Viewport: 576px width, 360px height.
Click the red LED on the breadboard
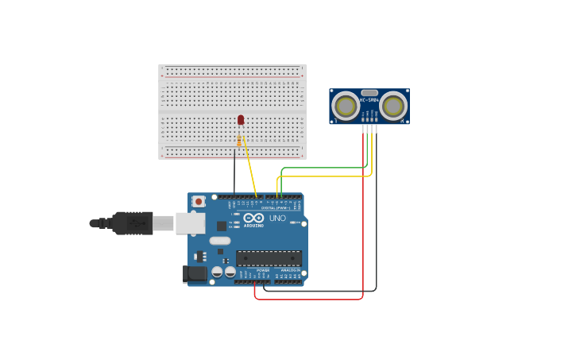click(241, 120)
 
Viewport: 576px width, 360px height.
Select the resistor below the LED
click(239, 141)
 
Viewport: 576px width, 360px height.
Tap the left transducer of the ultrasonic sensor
click(346, 105)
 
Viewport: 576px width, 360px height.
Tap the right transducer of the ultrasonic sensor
click(392, 105)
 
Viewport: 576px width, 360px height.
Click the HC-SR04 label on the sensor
click(369, 100)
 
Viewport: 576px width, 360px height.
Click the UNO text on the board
click(277, 218)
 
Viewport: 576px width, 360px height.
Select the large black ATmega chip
click(269, 258)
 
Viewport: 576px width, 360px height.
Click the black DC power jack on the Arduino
click(195, 274)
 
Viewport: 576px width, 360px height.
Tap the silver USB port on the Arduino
click(191, 223)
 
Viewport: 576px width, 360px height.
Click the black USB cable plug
click(132, 223)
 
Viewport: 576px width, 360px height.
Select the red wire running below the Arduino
click(310, 300)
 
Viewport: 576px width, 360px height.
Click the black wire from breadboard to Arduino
click(234, 175)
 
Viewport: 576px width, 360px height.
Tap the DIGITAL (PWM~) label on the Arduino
click(274, 208)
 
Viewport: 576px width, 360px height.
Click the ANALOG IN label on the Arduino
click(289, 270)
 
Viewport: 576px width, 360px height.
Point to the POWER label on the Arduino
click(262, 270)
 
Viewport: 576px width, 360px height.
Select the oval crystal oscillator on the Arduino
click(220, 241)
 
